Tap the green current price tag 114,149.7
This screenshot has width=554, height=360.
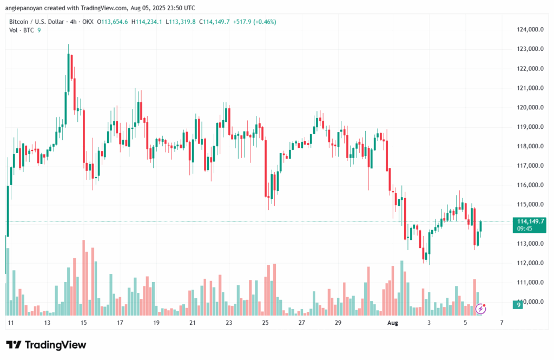(x=531, y=221)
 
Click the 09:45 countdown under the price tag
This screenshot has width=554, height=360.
(x=525, y=228)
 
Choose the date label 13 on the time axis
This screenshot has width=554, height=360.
(x=47, y=323)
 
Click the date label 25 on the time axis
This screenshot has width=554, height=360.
(x=265, y=323)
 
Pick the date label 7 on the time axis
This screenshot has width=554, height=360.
(x=502, y=323)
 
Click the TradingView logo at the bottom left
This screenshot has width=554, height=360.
(x=46, y=345)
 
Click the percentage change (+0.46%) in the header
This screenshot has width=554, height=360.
(x=265, y=21)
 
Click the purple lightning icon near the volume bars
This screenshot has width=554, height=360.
(x=481, y=309)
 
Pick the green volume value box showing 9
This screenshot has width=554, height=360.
(x=518, y=305)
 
